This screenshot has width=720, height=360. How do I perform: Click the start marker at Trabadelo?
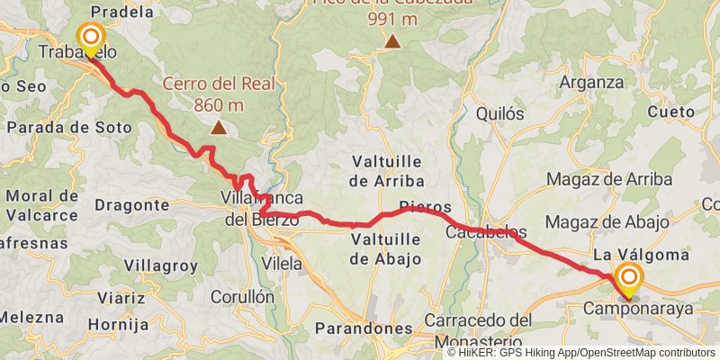coord(91,39)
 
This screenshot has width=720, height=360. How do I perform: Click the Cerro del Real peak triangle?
coord(218,127)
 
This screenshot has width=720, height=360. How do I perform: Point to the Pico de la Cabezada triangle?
coord(392,40)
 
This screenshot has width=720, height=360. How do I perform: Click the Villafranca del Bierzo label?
coord(261,209)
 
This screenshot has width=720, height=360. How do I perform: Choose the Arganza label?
coord(590,82)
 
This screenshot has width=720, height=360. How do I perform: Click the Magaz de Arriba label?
coord(608,179)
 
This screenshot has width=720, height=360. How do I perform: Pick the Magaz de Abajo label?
coord(607,222)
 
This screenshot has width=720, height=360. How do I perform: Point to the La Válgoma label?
coord(641,256)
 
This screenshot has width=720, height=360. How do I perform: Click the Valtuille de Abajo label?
coord(385,249)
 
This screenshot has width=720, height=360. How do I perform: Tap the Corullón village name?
coord(241,295)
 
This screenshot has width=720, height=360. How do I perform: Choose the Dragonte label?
coord(138,205)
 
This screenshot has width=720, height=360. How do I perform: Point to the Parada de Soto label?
coord(68,128)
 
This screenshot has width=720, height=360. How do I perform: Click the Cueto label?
coord(670,113)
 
